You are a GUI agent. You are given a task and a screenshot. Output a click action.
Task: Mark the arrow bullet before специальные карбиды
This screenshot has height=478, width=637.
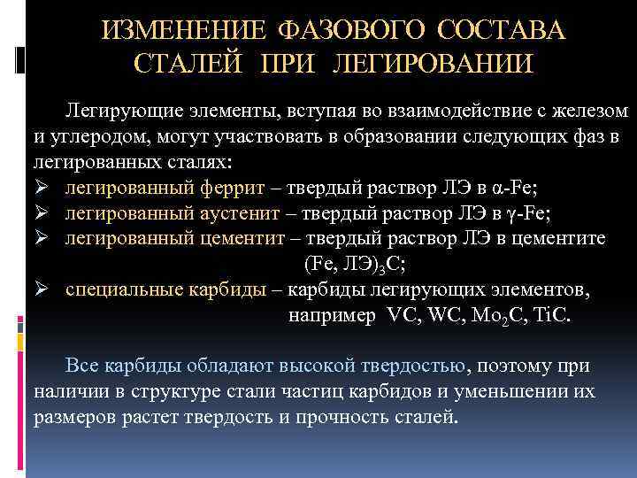pyautogui.click(x=41, y=289)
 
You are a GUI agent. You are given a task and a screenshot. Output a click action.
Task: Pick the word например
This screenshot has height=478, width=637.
pyautogui.click(x=332, y=315)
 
